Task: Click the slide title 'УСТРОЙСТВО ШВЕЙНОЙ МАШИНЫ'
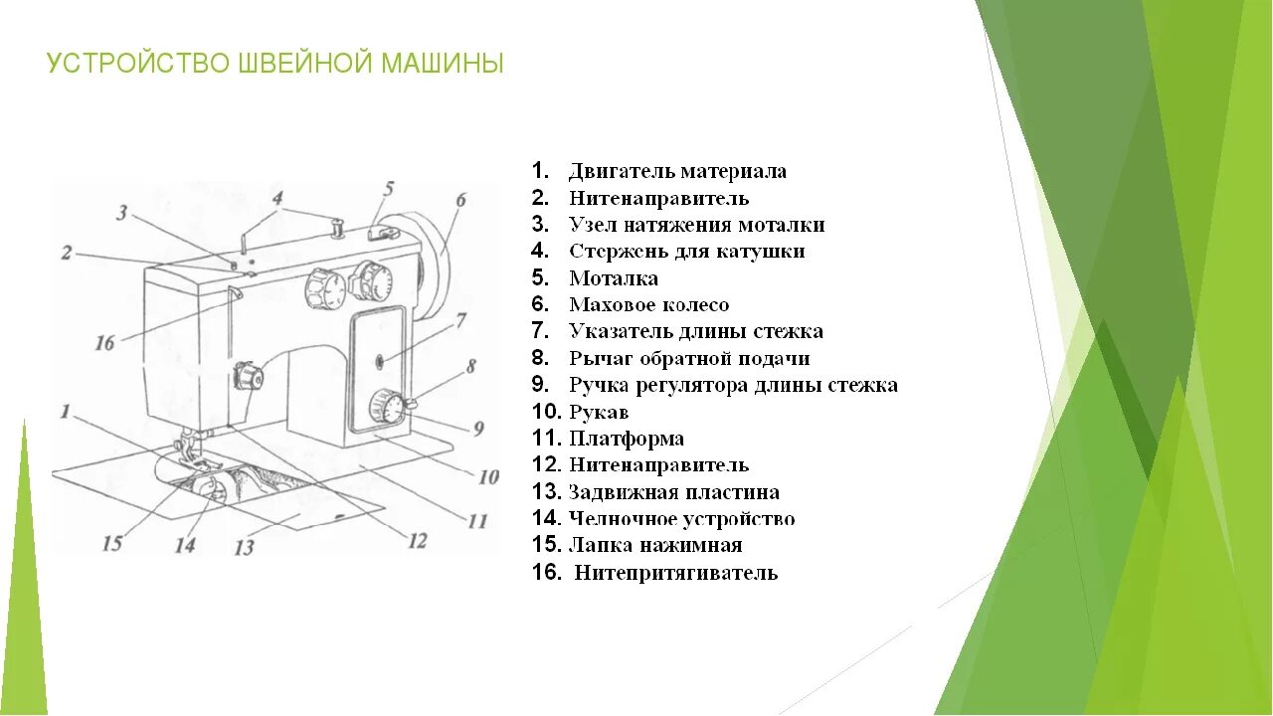point(275,65)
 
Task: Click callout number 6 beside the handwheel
point(460,199)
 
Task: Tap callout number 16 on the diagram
point(104,343)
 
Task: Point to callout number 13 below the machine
point(244,546)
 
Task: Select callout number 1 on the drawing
point(65,410)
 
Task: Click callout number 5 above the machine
point(388,188)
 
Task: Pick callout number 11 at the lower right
point(477,520)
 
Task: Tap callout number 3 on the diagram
point(121,212)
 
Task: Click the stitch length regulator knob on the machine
point(385,406)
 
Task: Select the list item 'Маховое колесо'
point(648,305)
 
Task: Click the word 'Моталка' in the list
point(614,278)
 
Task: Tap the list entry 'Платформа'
point(627,439)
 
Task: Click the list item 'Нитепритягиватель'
point(676,573)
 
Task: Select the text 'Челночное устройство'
point(681,519)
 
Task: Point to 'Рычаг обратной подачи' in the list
point(689,359)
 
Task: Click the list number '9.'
point(541,385)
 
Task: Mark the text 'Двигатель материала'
point(677,171)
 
